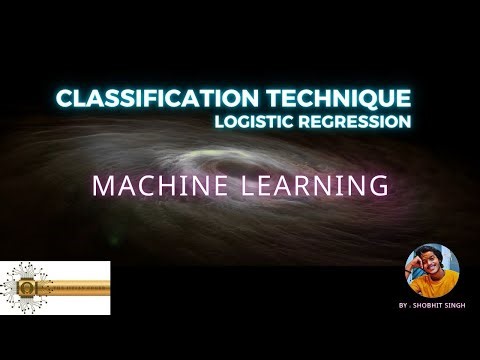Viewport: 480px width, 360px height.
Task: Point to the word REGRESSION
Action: tap(351, 122)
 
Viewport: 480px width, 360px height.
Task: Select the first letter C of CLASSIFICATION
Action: tap(64, 98)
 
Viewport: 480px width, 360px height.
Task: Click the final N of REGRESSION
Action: tap(404, 122)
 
